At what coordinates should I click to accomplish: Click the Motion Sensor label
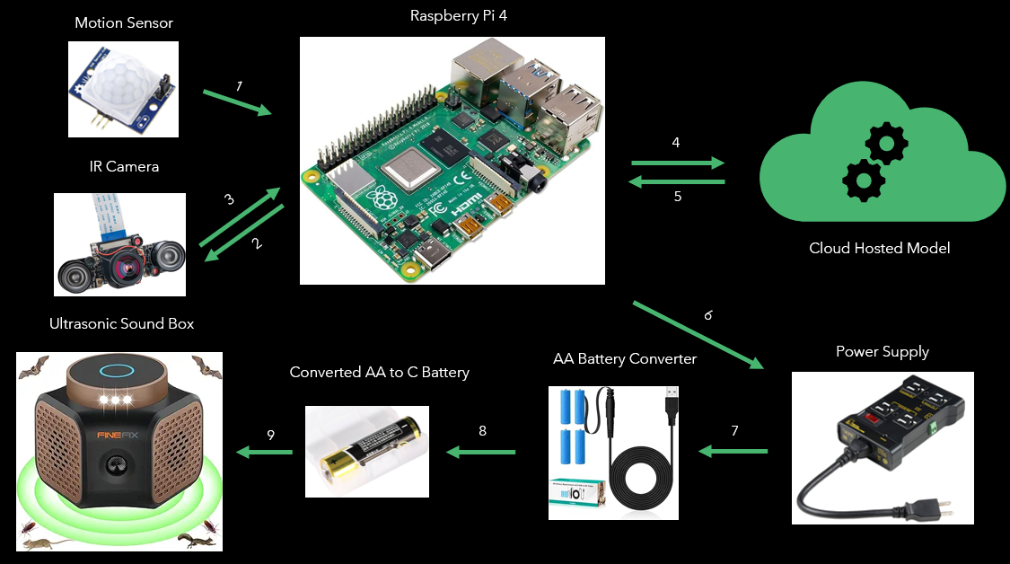123,22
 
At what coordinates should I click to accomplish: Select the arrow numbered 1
237,100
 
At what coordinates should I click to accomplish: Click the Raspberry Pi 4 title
452,15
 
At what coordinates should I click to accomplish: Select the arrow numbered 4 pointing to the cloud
678,163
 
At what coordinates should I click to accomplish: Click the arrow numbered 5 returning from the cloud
678,182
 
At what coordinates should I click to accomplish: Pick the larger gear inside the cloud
885,143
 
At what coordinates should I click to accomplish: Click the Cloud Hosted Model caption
879,248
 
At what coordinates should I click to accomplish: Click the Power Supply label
882,351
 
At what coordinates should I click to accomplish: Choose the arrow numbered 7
733,451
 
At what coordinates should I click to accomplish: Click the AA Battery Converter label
625,358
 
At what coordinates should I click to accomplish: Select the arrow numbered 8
481,452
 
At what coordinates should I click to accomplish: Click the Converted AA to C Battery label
379,372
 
